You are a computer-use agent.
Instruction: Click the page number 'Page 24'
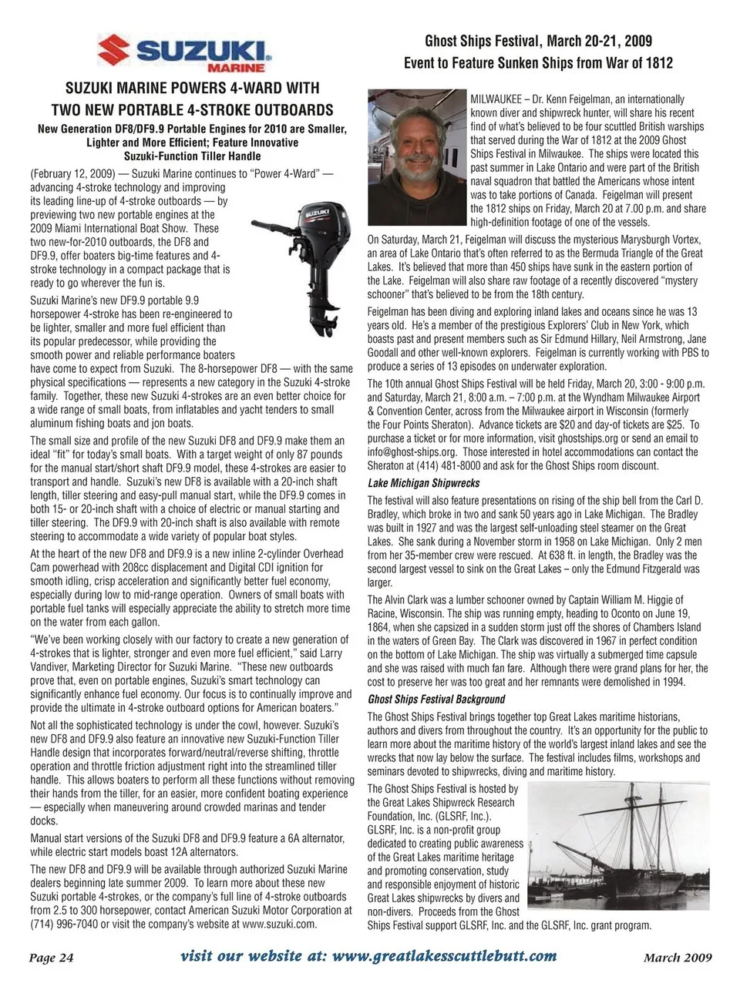coord(52,958)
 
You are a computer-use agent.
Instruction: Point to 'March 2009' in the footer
coord(678,958)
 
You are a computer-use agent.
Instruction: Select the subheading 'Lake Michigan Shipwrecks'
coord(424,483)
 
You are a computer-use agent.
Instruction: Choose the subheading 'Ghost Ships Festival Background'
coord(436,700)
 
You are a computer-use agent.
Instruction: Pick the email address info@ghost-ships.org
coord(414,452)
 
